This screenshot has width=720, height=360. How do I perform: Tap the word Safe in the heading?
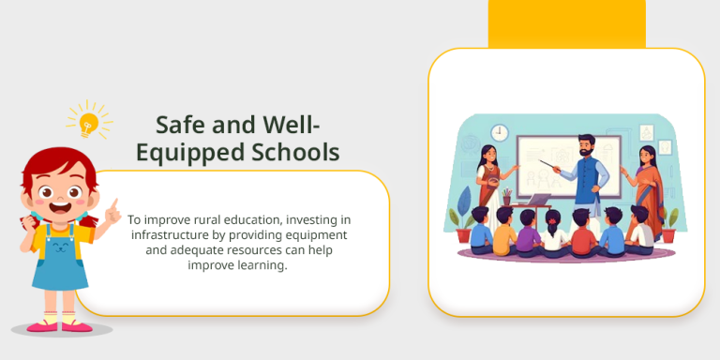coord(178,125)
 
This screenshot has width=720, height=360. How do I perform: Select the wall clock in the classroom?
coord(500,131)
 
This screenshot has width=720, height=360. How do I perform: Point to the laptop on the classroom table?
coord(539,199)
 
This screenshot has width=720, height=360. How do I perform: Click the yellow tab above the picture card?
coord(566,23)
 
